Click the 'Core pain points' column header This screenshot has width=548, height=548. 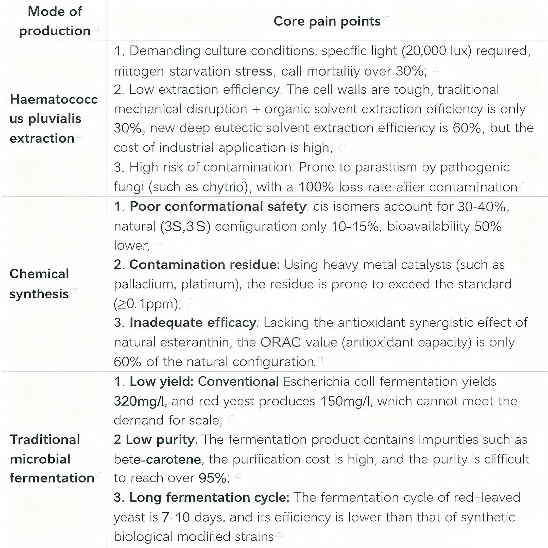327,21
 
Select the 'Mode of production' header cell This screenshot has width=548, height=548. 55,21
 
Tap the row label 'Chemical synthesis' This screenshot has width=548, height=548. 39,284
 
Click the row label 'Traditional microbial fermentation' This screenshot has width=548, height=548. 52,459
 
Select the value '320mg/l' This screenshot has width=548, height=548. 139,401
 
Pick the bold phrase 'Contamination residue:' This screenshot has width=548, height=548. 197,265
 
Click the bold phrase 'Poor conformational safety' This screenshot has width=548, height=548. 218,207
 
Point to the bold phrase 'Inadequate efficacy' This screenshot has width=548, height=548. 193,323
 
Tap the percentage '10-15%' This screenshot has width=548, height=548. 355,226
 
